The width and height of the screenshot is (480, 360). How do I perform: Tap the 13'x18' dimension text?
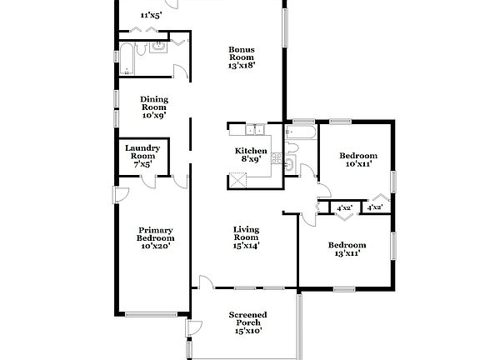tap(242, 64)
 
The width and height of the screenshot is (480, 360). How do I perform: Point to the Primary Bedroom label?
tap(156, 237)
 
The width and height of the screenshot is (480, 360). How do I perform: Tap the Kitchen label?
tap(250, 155)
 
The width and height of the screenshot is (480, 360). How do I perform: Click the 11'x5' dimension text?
tap(151, 15)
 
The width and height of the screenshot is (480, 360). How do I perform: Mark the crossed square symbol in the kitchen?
tap(239, 178)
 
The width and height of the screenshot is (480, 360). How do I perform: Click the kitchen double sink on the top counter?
tap(253, 129)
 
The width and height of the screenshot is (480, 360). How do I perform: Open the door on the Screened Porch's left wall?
tap(191, 327)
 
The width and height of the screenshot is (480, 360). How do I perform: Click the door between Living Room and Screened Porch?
tap(205, 283)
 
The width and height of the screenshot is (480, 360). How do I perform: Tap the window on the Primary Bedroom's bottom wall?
tap(151, 313)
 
